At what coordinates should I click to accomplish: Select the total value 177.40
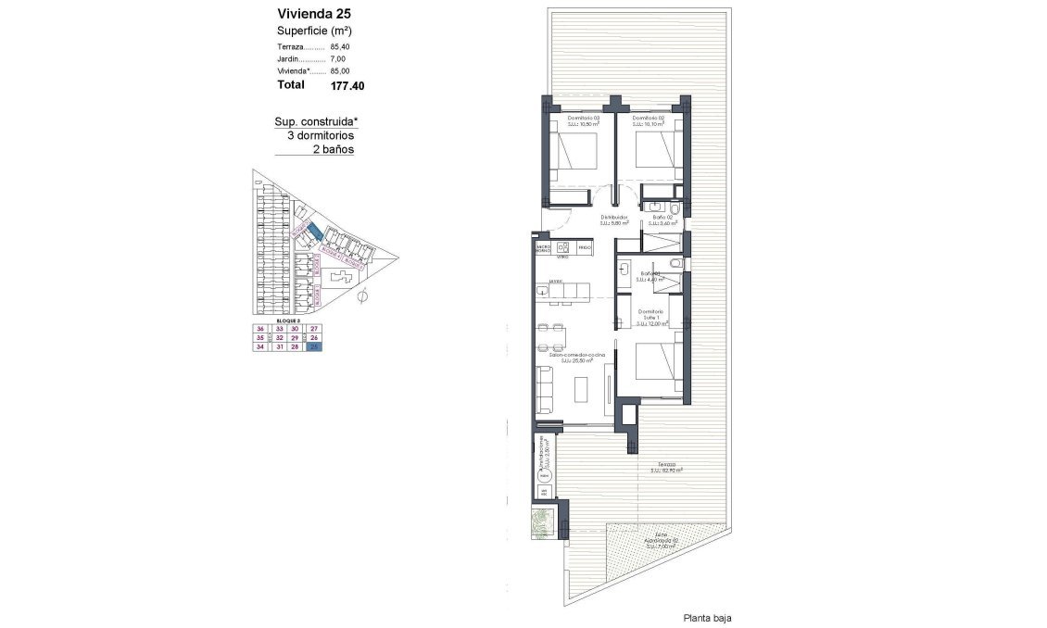(347, 85)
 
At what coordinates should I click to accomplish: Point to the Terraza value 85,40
(342, 46)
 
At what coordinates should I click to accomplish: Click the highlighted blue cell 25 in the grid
(315, 349)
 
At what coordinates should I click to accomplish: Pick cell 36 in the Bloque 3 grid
(260, 329)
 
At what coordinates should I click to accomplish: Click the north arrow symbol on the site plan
(362, 296)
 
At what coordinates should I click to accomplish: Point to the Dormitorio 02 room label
(649, 119)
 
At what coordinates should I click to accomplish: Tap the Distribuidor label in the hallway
(614, 219)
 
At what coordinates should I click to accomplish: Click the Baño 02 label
(662, 219)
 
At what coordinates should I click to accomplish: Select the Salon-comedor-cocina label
(576, 356)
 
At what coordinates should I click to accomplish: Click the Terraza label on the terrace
(666, 465)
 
